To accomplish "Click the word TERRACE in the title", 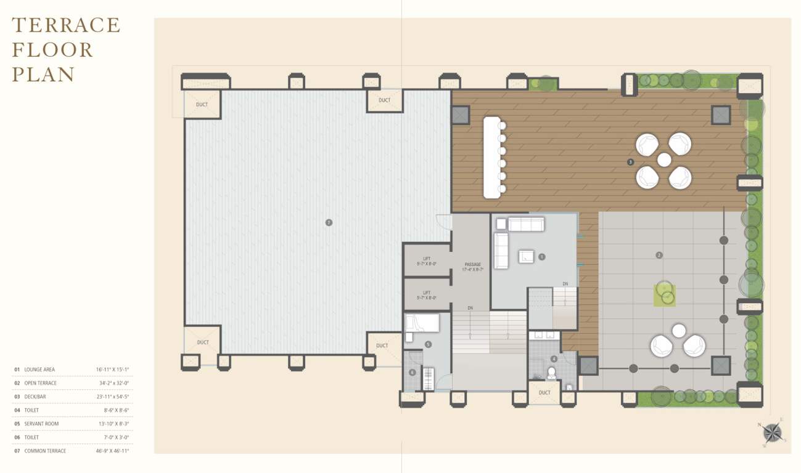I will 66,25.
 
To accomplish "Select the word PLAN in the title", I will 43,75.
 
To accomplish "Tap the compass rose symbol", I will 772,432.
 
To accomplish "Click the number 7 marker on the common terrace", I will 329,222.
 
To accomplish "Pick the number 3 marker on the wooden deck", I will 630,162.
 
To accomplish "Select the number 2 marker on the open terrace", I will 659,255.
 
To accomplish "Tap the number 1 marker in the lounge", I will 542,257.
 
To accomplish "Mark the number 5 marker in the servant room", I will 428,345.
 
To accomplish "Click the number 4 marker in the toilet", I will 554,358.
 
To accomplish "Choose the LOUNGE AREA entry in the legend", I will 39,370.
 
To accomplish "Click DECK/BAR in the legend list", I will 35,397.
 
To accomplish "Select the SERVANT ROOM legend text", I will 41,424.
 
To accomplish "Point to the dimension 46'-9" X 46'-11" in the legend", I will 112,451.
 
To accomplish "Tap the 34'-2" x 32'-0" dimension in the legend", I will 113,383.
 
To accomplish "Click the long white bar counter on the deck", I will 491,157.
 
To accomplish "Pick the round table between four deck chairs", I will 663,160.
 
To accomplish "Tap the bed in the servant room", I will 423,323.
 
